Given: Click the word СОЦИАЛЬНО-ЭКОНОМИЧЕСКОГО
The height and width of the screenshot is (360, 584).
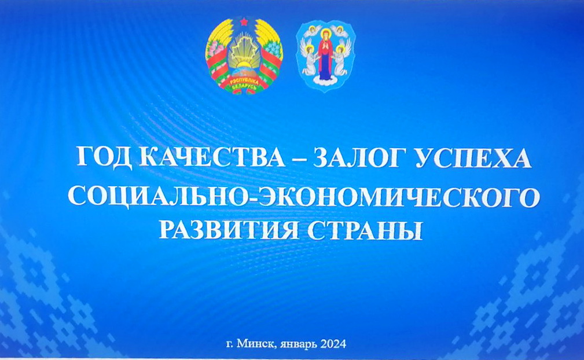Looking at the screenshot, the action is [303, 197].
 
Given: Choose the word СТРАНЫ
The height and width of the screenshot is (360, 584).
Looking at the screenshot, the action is [365, 230].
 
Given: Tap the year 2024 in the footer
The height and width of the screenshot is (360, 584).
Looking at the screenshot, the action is [332, 343].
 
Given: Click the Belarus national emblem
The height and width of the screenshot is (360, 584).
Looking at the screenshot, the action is [244, 55].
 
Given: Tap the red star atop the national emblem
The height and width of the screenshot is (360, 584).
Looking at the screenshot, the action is [244, 22].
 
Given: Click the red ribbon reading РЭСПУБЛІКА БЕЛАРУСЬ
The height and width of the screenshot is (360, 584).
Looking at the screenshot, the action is [244, 84].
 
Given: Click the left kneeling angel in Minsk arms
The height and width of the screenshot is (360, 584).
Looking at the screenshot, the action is [308, 58].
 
